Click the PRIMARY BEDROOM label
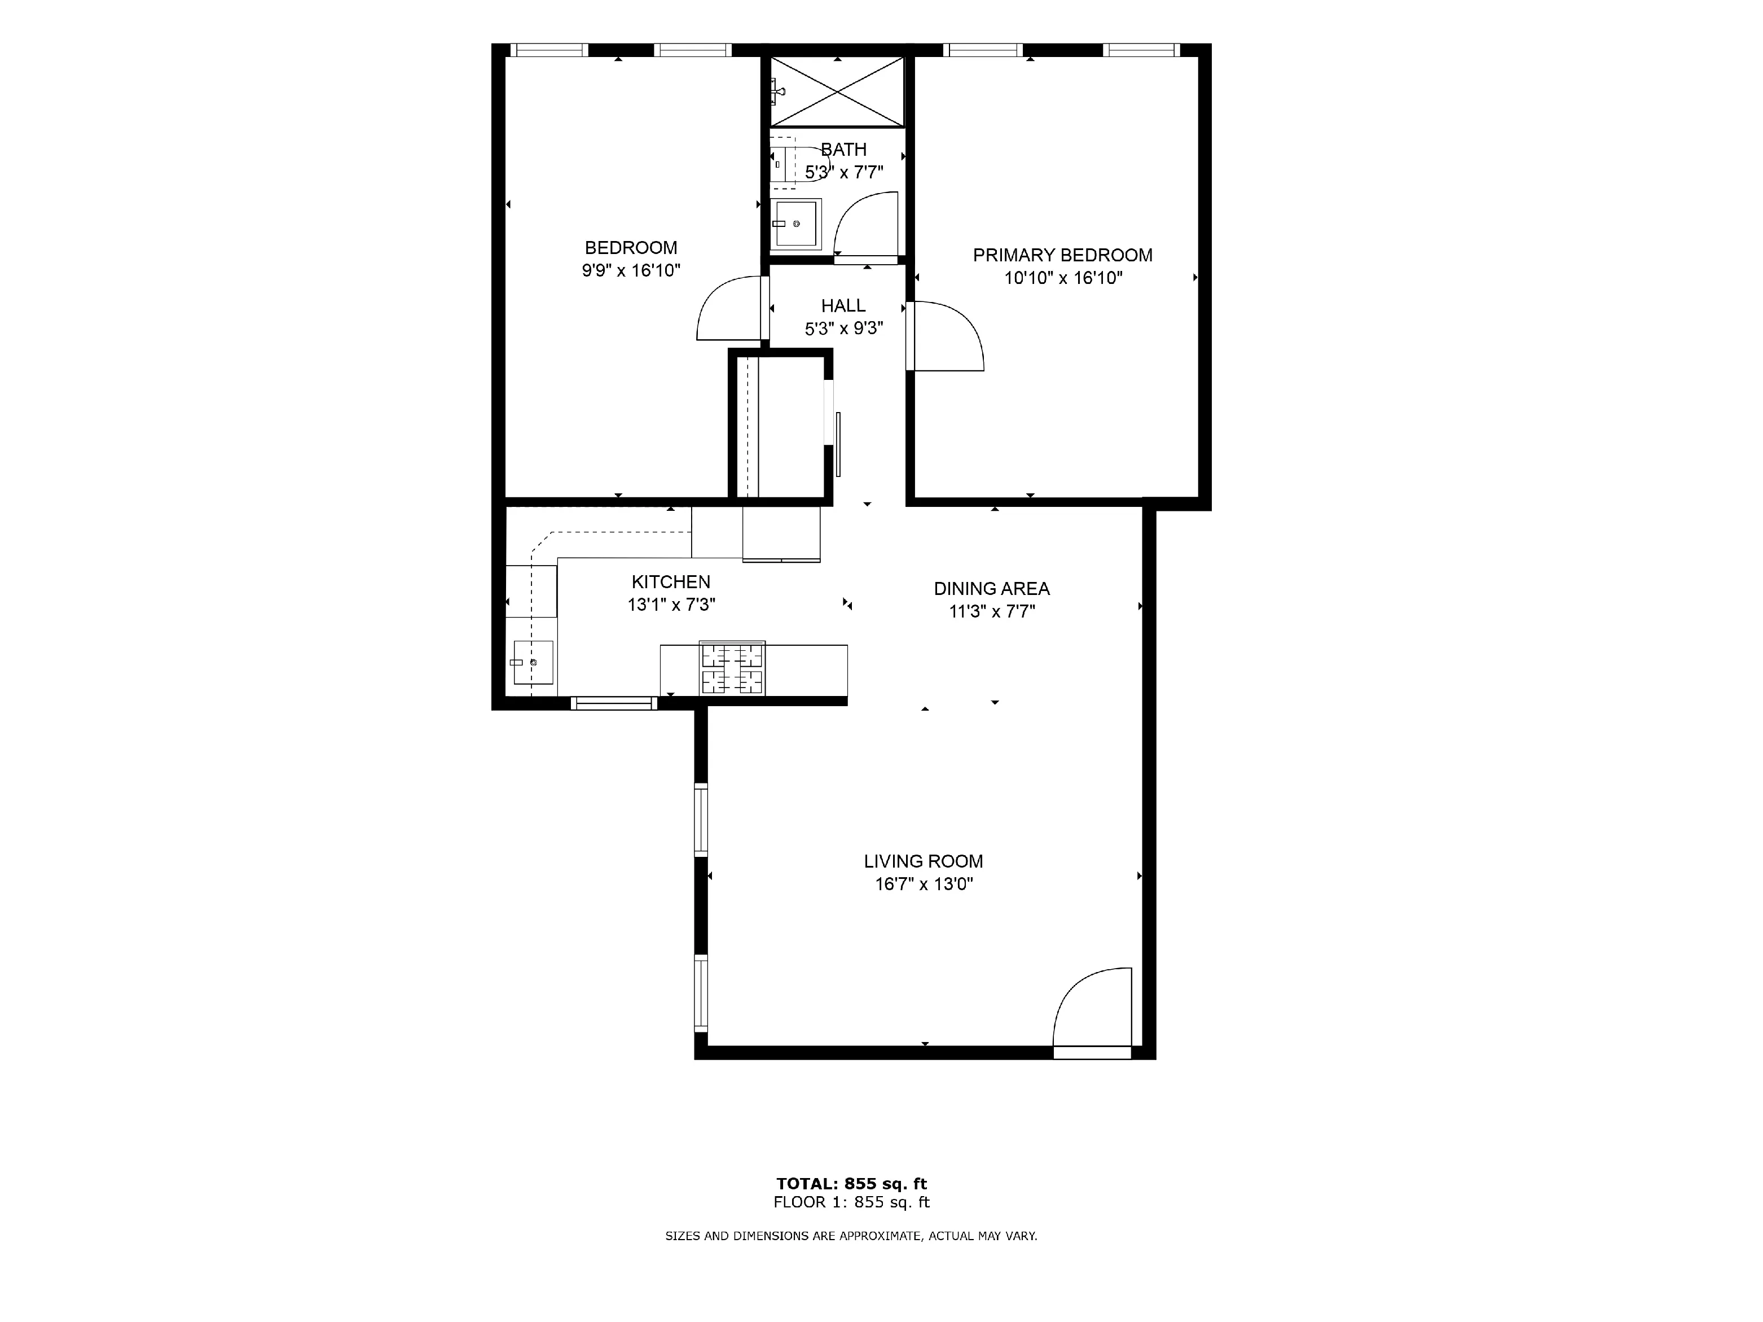[x=1062, y=255]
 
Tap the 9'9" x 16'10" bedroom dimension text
[x=630, y=270]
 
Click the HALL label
[x=843, y=305]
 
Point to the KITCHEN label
[x=670, y=582]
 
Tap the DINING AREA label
[x=991, y=588]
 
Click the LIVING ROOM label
[x=923, y=861]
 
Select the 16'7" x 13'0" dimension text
[x=923, y=883]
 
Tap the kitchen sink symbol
[x=533, y=662]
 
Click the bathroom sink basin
[x=795, y=224]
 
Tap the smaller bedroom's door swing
[x=728, y=309]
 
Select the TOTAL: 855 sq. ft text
[x=851, y=1184]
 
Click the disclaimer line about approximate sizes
[x=851, y=1236]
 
